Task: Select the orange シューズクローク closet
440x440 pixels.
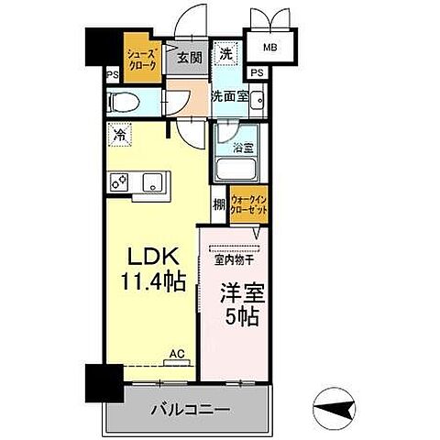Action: pos(143,60)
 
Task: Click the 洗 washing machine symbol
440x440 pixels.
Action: pos(225,54)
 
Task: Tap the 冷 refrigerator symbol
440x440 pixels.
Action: pos(119,134)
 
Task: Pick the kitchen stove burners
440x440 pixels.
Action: pos(118,182)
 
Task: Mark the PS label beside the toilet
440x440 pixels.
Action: pos(112,75)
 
